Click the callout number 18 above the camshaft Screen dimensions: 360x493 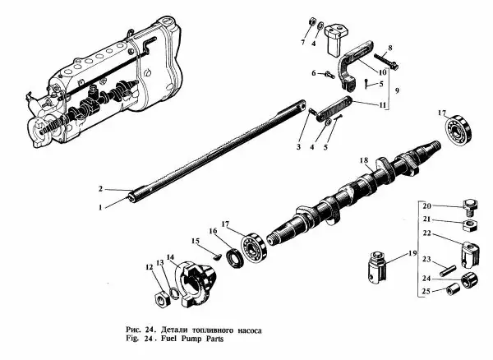coord(363,159)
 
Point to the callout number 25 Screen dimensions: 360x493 coord(426,293)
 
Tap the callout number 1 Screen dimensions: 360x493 coord(100,207)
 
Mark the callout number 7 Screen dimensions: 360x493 coord(302,41)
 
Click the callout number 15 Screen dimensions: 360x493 coord(196,241)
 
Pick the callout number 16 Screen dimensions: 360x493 coord(216,232)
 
